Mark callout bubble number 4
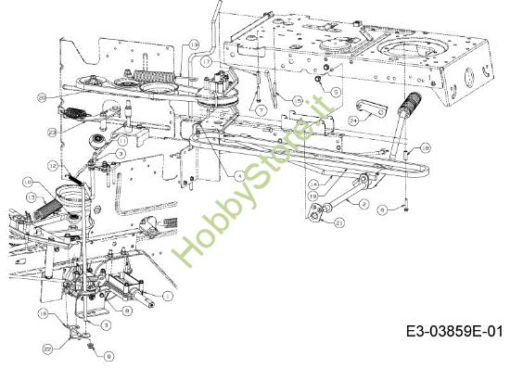238,175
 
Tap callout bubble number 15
298,99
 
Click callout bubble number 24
353,120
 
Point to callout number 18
424,147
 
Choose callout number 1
168,296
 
